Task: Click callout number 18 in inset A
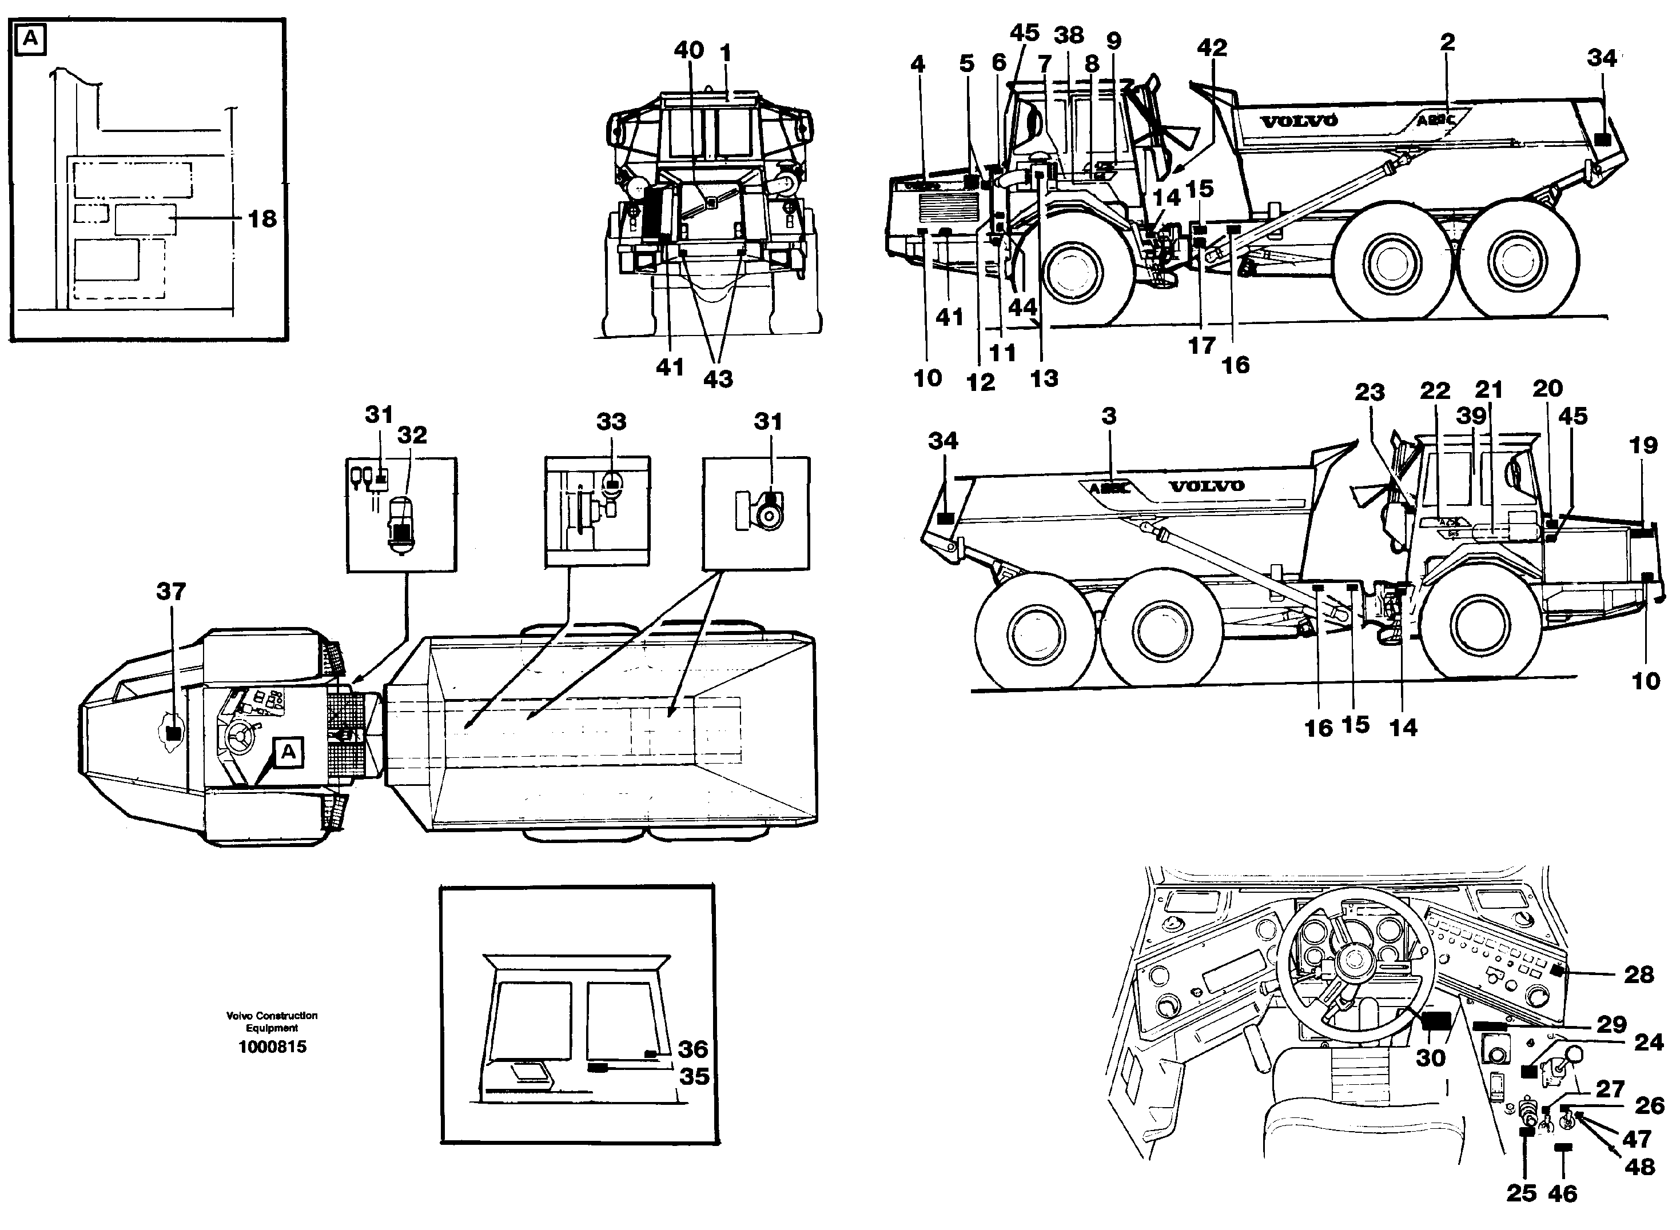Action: pos(262,219)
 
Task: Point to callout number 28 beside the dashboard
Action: pos(1639,975)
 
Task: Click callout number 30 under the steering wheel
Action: pos(1430,1058)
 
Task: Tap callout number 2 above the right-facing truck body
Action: pos(1447,42)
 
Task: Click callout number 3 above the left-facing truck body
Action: pos(1109,416)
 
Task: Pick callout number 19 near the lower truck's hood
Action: pos(1643,445)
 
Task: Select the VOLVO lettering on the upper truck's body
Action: pos(1299,121)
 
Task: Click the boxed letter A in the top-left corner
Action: pos(30,38)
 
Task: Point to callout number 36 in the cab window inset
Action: pos(692,1049)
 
